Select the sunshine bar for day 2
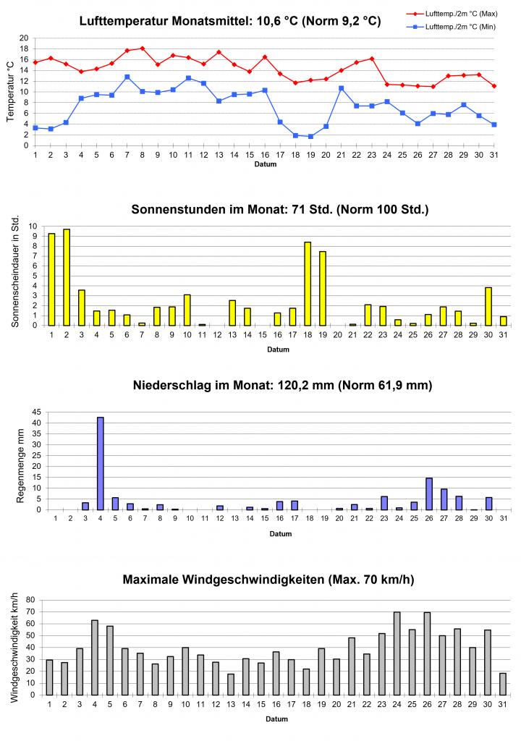(x=67, y=277)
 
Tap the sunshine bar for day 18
(x=308, y=284)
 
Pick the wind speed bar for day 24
(x=397, y=653)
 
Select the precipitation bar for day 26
(x=429, y=494)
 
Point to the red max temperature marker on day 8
(x=142, y=48)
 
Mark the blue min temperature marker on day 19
(x=310, y=136)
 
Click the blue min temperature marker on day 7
(x=127, y=77)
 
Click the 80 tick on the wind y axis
(x=30, y=600)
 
